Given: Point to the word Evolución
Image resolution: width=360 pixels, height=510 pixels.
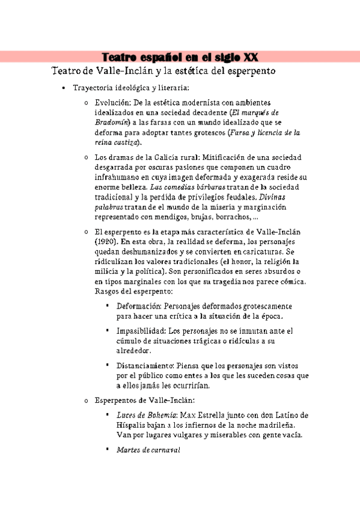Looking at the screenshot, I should click(113, 103).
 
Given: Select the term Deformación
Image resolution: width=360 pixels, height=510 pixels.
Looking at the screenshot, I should click(142, 306).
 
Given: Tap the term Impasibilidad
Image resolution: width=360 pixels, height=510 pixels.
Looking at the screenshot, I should click(142, 331).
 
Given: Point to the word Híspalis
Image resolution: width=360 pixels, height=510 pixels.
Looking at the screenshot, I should click(133, 425).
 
